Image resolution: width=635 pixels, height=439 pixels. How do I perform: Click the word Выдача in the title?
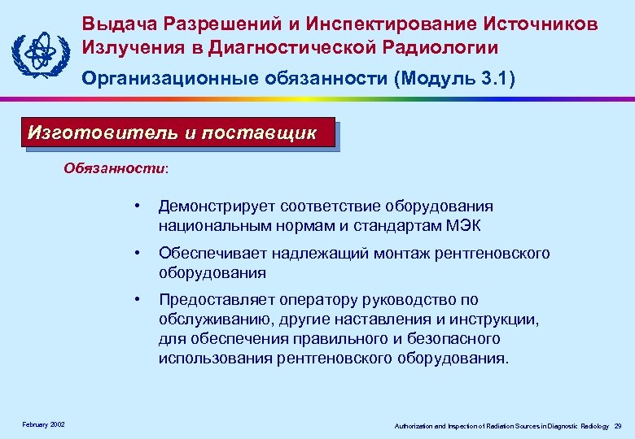pyautogui.click(x=116, y=24)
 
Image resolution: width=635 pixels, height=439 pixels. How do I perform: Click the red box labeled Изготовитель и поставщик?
pyautogui.click(x=177, y=133)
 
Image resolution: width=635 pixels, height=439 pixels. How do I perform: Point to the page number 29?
pyautogui.click(x=618, y=425)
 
